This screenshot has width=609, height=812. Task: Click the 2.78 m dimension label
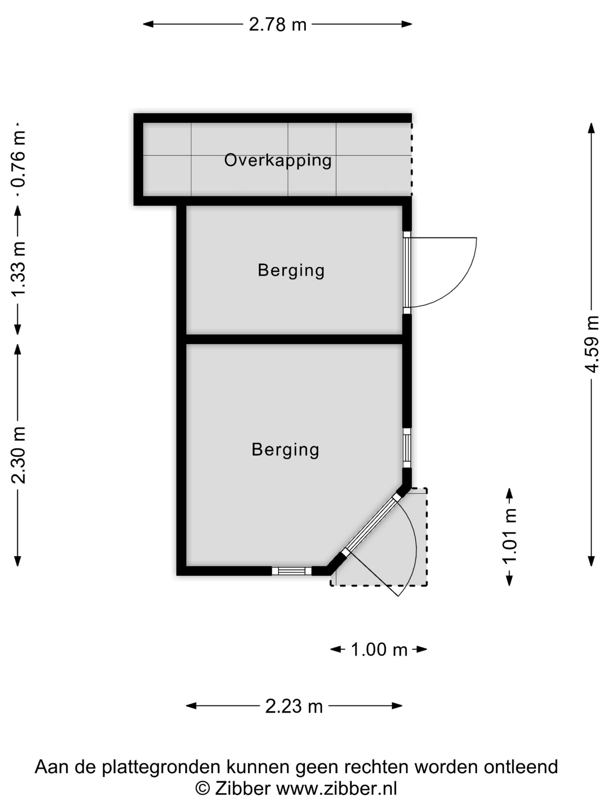click(x=278, y=25)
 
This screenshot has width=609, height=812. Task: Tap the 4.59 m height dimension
click(x=592, y=344)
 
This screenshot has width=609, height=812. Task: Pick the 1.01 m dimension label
click(x=509, y=536)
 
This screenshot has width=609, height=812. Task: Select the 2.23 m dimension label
click(x=294, y=706)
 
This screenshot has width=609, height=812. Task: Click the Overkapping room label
click(x=278, y=160)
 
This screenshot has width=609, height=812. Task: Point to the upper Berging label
click(x=291, y=271)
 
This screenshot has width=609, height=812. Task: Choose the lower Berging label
click(x=285, y=450)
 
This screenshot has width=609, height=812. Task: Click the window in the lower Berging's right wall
click(x=407, y=447)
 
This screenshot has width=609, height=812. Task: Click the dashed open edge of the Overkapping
click(x=412, y=159)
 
